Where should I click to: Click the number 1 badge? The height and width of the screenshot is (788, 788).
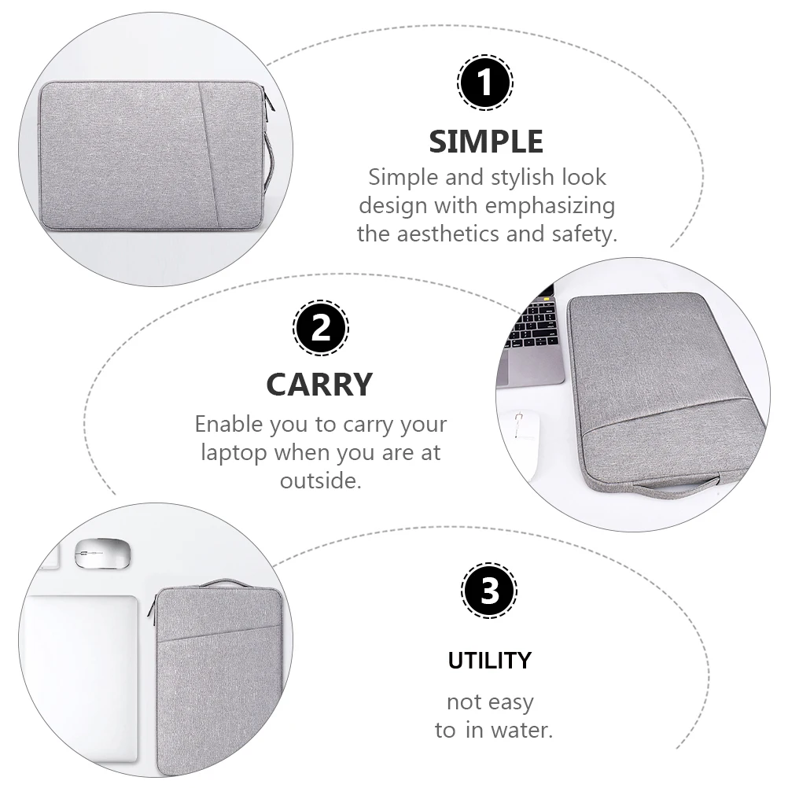pyautogui.click(x=485, y=82)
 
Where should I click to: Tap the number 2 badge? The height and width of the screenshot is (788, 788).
pyautogui.click(x=321, y=328)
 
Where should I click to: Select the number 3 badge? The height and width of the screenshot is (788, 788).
pyautogui.click(x=489, y=591)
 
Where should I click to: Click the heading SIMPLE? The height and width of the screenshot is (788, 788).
pyautogui.click(x=486, y=142)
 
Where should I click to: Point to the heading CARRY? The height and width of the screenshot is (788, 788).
pyautogui.click(x=319, y=385)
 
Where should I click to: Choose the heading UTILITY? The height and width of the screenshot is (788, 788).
pyautogui.click(x=489, y=661)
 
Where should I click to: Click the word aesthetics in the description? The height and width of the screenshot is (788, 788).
pyautogui.click(x=464, y=234)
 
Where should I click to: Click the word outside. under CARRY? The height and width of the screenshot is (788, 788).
pyautogui.click(x=321, y=481)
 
